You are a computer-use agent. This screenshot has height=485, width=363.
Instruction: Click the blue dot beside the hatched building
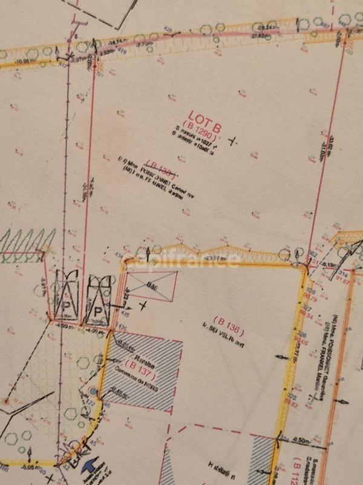[x=92, y=391]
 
